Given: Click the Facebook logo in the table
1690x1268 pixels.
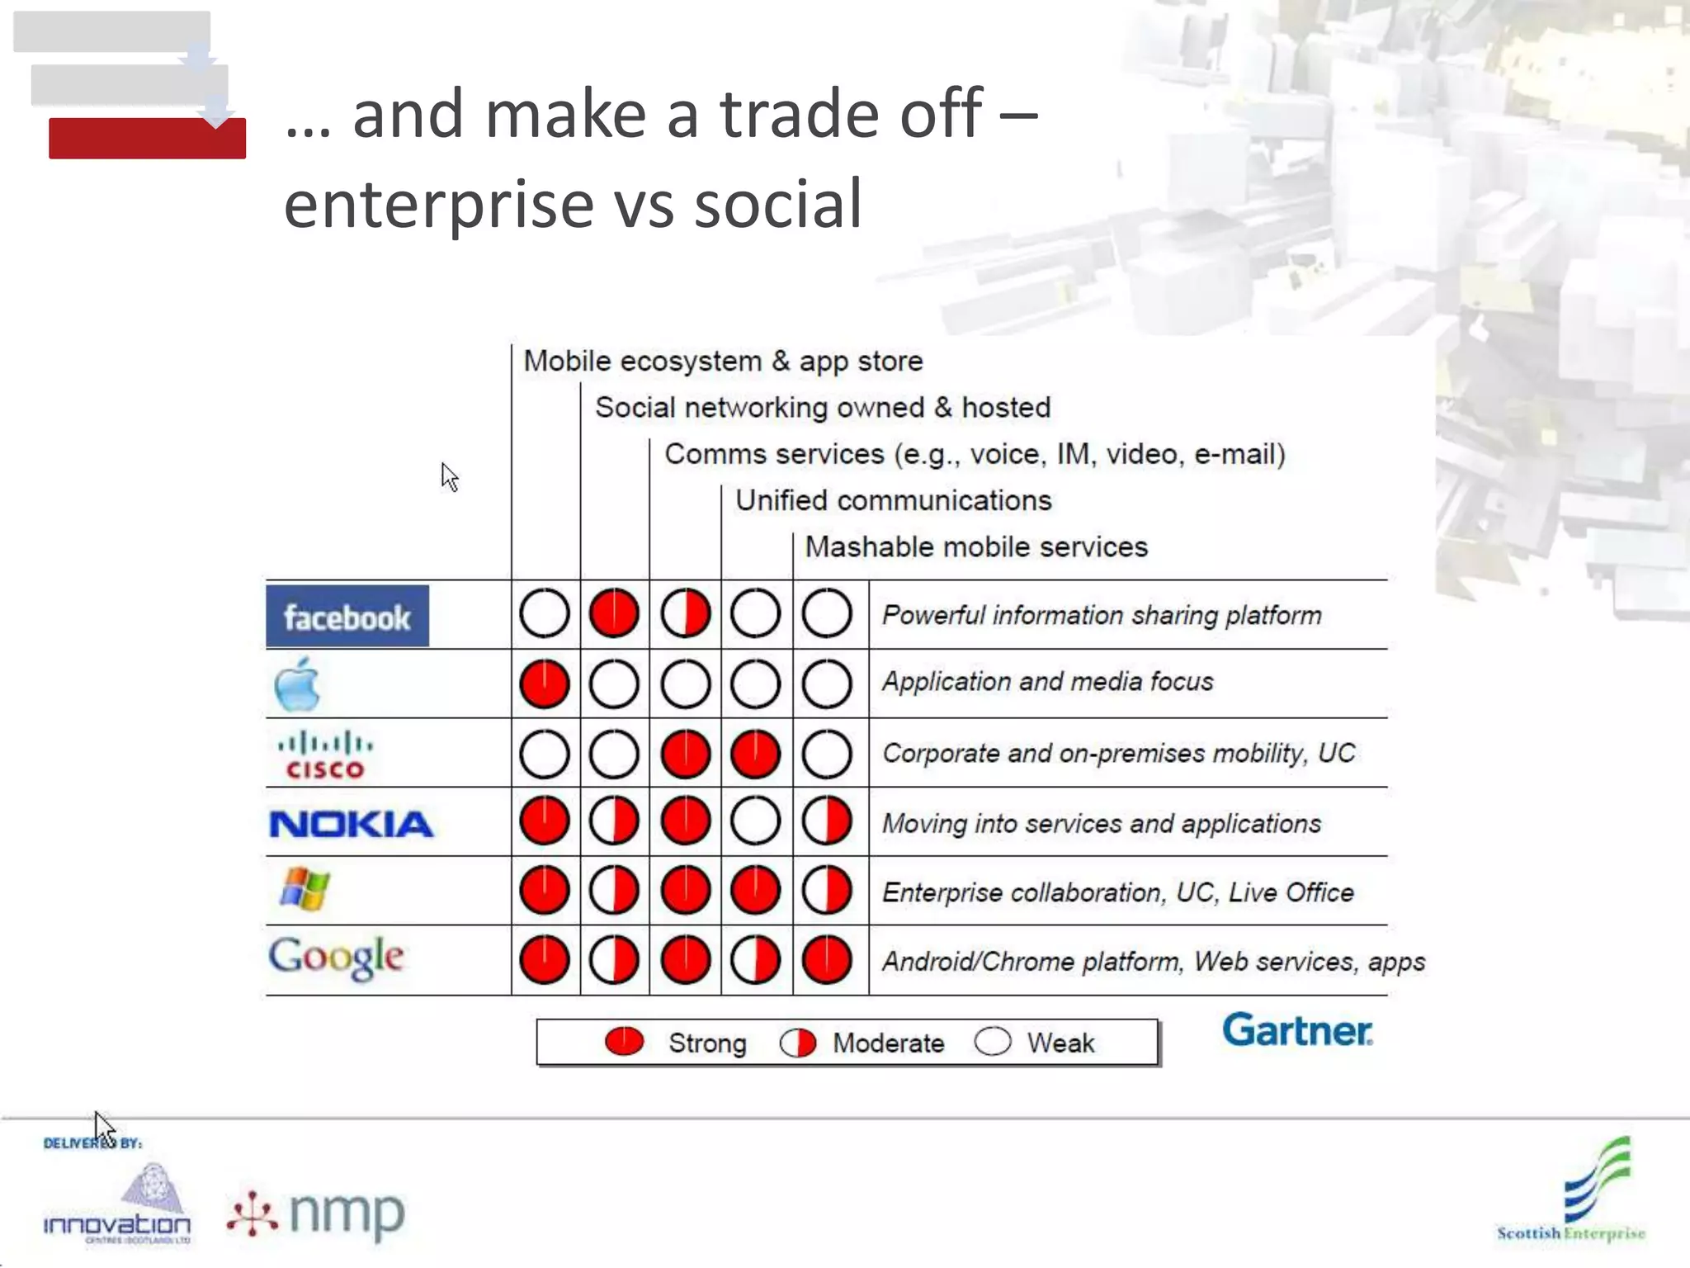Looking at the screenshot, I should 347,616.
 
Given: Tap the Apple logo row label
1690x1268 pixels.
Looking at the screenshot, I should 297,684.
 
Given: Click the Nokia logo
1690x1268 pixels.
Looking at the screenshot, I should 351,824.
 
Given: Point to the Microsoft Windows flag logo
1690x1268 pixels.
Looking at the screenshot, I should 304,890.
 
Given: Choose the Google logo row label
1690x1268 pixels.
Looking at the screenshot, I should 336,958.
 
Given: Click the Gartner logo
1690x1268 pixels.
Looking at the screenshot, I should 1297,1031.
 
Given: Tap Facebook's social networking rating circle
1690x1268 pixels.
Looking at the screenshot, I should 614,614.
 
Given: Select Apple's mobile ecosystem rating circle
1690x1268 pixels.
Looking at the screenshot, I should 545,684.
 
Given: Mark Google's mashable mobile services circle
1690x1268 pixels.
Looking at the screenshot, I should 827,961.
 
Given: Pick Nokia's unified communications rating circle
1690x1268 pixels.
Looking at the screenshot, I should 755,822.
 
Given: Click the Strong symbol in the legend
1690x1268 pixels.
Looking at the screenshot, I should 624,1042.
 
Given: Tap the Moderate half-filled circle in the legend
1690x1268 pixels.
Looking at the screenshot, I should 798,1043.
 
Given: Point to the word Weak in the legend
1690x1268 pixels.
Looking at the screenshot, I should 1060,1043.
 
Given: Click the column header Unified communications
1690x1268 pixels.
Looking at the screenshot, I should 894,501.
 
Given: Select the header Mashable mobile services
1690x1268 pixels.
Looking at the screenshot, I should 976,547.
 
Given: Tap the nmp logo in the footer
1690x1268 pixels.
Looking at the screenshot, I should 317,1214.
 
